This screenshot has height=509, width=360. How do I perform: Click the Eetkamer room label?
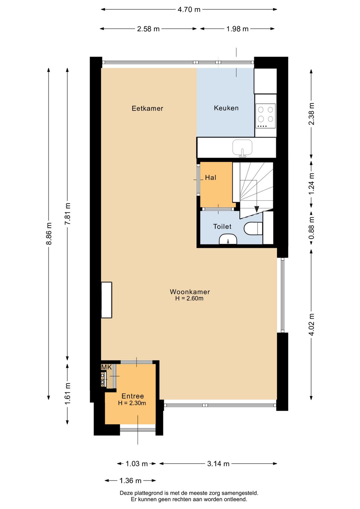[147, 108]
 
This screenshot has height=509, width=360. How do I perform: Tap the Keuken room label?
[226, 108]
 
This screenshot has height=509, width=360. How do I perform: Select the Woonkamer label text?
[190, 292]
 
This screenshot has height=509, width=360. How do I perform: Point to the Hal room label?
[210, 178]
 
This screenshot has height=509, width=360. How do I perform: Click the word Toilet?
[222, 227]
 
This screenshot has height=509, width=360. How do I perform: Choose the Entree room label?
[132, 396]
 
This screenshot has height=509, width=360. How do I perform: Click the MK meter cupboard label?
[106, 367]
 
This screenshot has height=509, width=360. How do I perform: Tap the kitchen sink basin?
[242, 147]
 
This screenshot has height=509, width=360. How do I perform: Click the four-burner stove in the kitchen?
[265, 116]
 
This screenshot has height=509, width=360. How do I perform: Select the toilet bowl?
[253, 229]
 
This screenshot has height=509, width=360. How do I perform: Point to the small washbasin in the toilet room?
[228, 239]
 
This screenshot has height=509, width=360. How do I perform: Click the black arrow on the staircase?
[257, 209]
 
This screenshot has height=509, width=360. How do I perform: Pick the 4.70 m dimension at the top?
[189, 10]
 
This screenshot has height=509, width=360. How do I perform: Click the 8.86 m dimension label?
[49, 233]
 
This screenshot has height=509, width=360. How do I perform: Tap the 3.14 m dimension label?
[218, 464]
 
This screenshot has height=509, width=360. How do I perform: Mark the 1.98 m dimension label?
[237, 29]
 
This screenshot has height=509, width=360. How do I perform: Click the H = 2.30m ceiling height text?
[132, 403]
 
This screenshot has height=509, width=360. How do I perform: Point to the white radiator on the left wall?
[106, 300]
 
